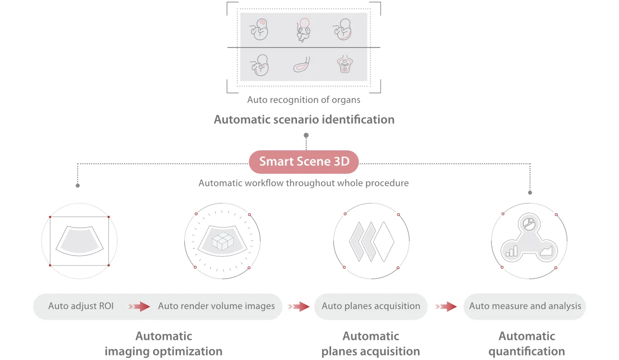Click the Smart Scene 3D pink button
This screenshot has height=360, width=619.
point(304,162)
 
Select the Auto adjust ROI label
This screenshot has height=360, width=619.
point(81,306)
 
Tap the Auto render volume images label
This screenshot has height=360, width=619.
point(216,306)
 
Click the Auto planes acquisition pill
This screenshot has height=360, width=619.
point(371,306)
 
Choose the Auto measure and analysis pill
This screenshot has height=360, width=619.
point(525,306)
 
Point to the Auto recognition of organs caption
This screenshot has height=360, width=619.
point(304,100)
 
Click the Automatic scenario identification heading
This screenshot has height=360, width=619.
point(304,120)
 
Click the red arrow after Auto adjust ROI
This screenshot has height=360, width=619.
point(139,306)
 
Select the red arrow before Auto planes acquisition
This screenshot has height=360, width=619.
point(299,306)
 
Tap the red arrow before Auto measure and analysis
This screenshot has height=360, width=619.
point(446,306)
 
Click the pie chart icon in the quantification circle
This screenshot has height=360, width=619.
point(529,224)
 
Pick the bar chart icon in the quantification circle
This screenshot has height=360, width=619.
point(512,251)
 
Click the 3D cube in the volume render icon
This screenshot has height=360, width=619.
point(223,241)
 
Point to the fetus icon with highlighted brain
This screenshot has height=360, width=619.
point(260,29)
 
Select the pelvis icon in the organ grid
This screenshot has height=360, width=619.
point(345,64)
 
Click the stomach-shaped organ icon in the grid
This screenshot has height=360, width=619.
point(301,65)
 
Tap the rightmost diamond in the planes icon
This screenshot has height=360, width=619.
point(384,241)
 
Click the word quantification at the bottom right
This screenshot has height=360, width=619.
point(527,351)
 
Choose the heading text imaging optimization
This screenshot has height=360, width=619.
point(164,351)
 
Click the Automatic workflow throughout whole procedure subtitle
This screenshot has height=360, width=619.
point(304,183)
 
